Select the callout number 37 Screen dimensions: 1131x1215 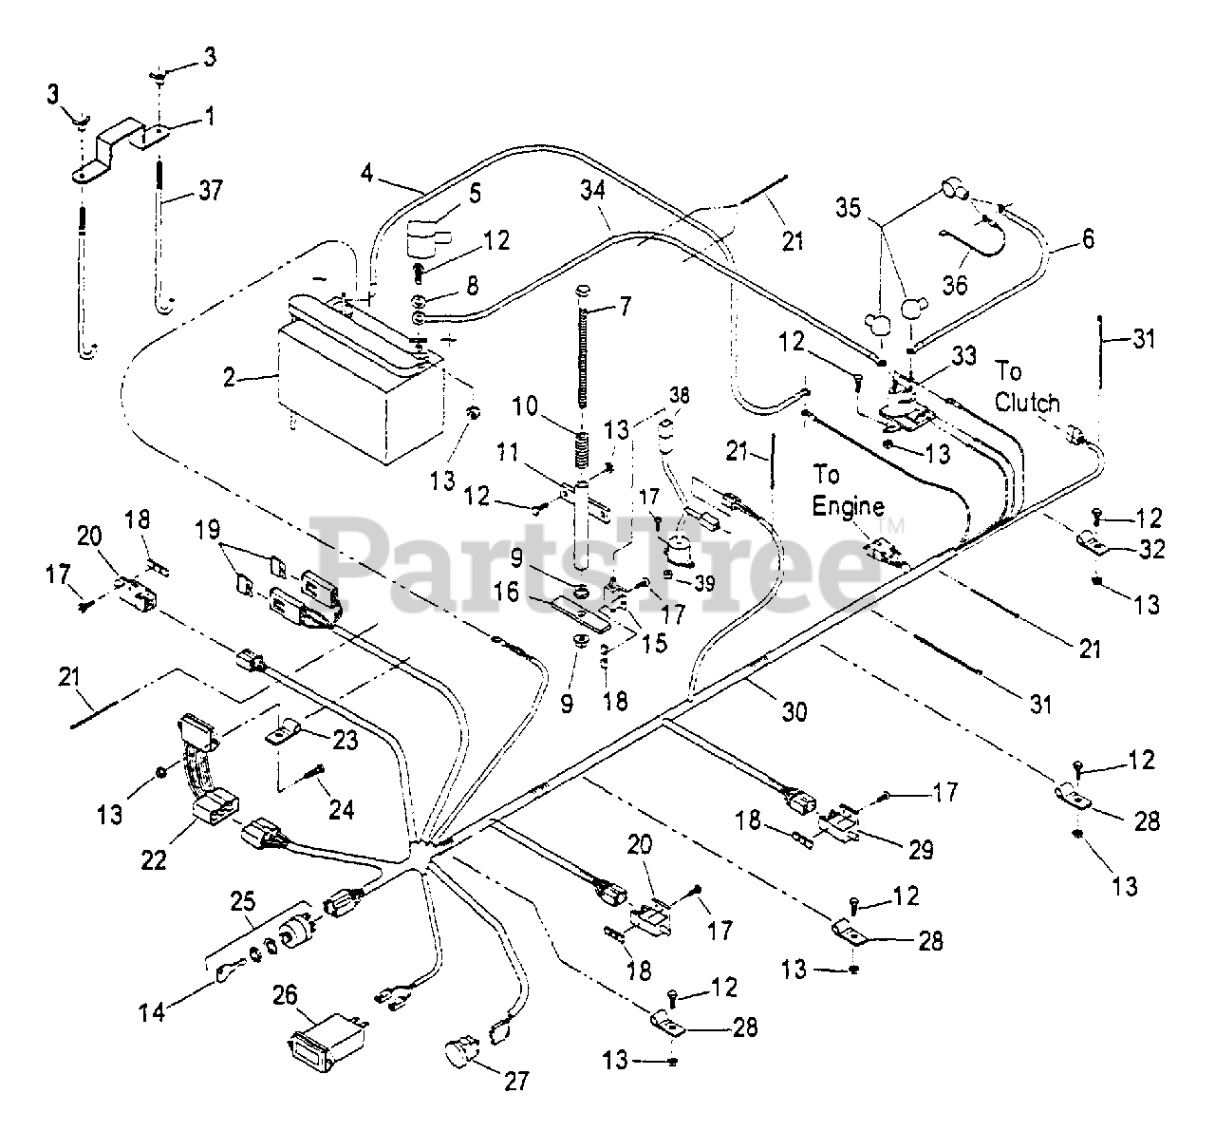click(211, 190)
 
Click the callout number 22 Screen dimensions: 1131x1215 click(154, 858)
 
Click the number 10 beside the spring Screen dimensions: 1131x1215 click(529, 407)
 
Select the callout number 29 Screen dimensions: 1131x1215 click(919, 849)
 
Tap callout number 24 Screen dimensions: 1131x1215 click(341, 810)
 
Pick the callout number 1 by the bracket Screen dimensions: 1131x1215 click(209, 118)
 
